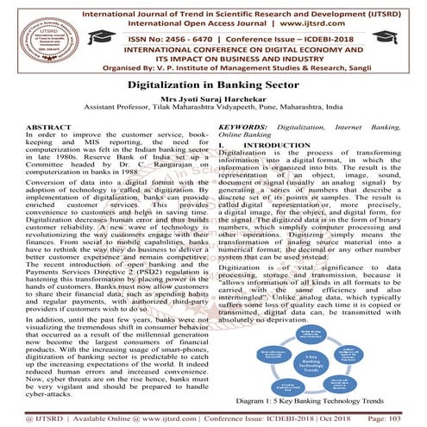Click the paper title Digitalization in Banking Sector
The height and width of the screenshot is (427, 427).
tap(213, 86)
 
